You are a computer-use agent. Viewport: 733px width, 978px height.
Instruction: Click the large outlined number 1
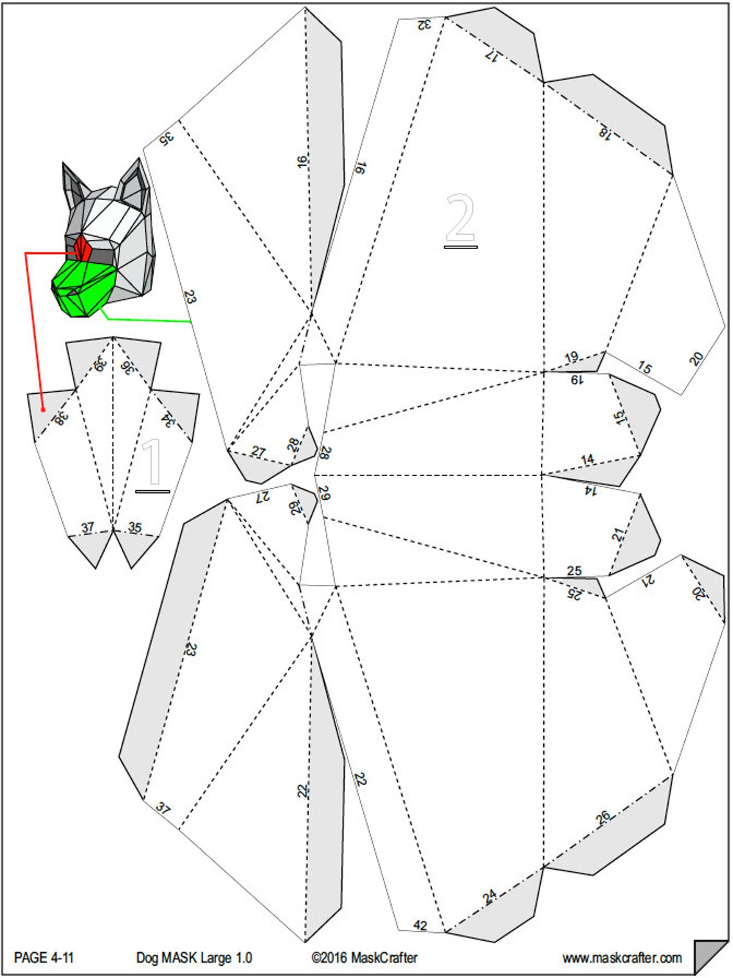point(152,461)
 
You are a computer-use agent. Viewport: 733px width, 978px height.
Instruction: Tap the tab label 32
point(423,24)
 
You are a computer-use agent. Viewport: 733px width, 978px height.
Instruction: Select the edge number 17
point(492,55)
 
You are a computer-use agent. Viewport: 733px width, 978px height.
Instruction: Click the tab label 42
point(420,925)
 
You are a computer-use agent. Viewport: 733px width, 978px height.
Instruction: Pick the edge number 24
point(489,896)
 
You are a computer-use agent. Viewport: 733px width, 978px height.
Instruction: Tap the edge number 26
point(602,817)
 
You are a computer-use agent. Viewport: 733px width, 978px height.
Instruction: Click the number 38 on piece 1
point(60,418)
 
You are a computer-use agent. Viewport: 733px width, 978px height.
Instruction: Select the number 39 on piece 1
point(100,364)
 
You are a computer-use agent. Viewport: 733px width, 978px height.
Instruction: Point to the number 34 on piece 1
point(168,420)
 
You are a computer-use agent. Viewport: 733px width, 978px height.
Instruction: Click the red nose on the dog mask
point(82,247)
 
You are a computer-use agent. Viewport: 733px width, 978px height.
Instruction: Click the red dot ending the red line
point(42,409)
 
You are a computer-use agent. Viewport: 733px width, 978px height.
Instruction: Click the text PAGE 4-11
point(44,957)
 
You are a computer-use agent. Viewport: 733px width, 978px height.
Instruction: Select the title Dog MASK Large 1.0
point(194,957)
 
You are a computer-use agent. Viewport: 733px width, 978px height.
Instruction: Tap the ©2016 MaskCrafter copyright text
point(364,957)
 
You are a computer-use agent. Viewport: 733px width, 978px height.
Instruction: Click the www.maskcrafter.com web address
point(622,957)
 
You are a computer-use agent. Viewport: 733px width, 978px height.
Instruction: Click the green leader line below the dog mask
point(148,319)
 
